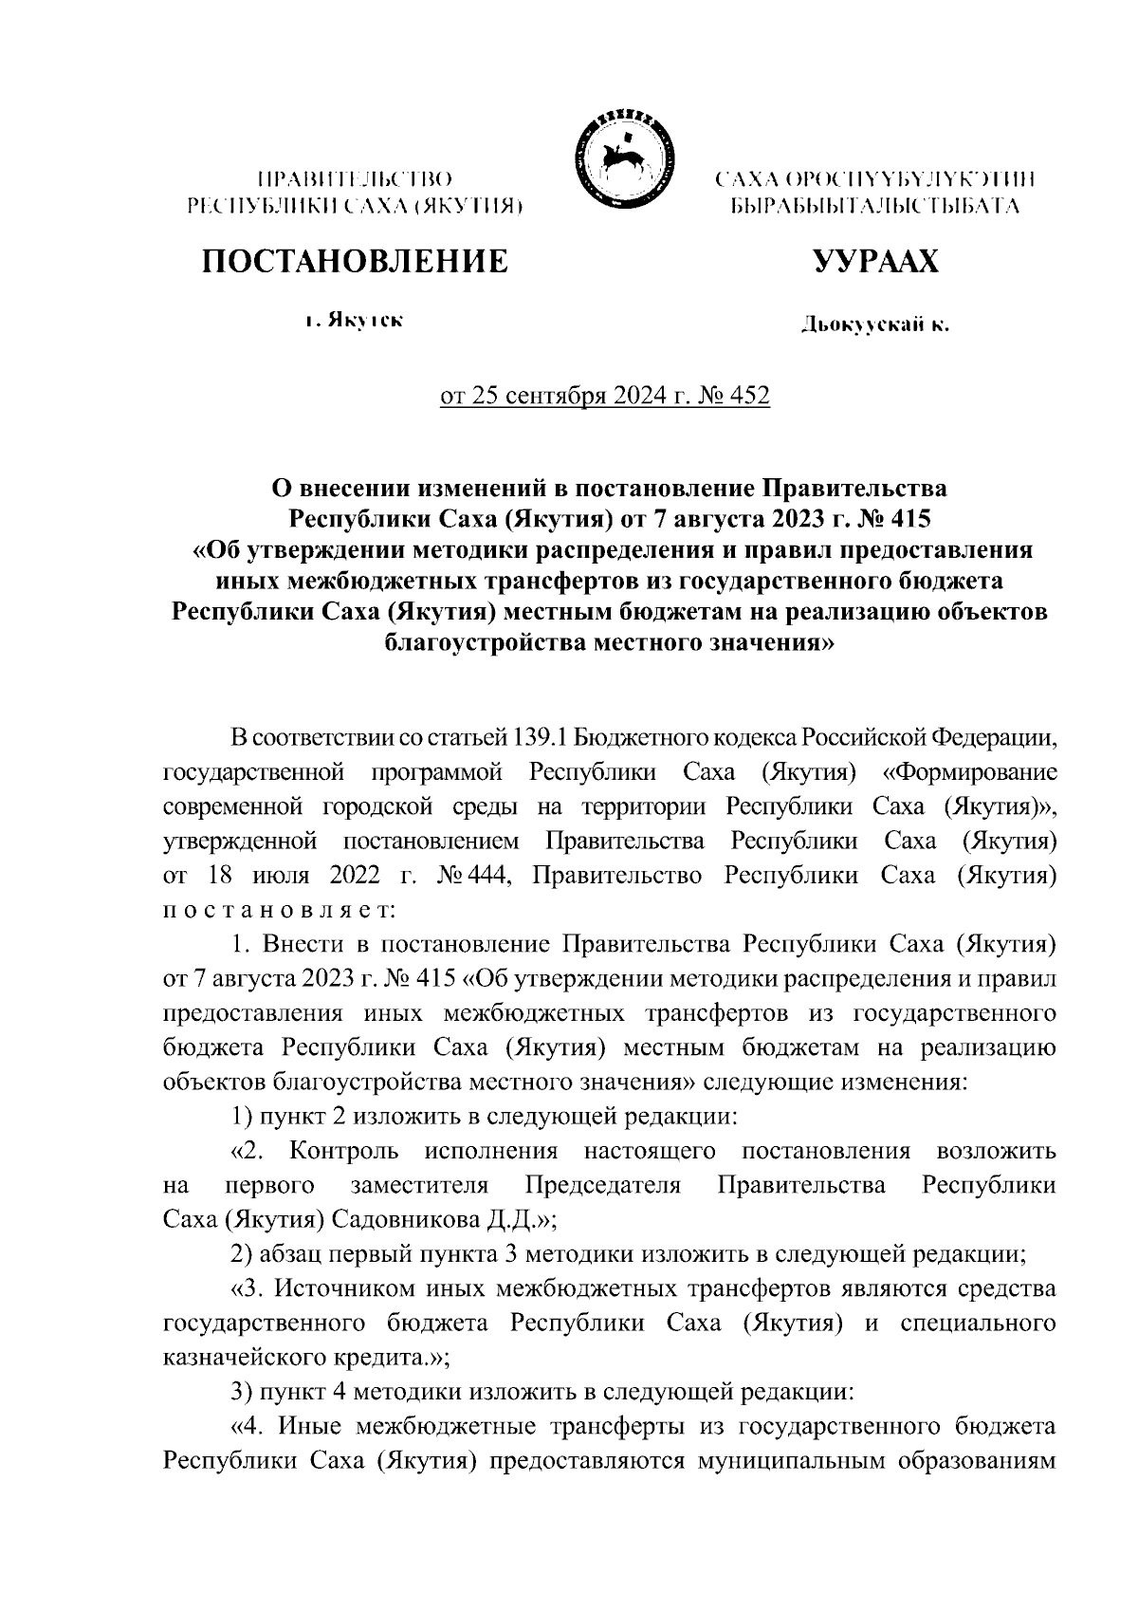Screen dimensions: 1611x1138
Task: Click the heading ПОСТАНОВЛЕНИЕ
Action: click(353, 261)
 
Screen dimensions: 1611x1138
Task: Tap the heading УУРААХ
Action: click(875, 261)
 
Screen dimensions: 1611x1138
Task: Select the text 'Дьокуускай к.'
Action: click(874, 325)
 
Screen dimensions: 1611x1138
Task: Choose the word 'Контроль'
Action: click(344, 1152)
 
